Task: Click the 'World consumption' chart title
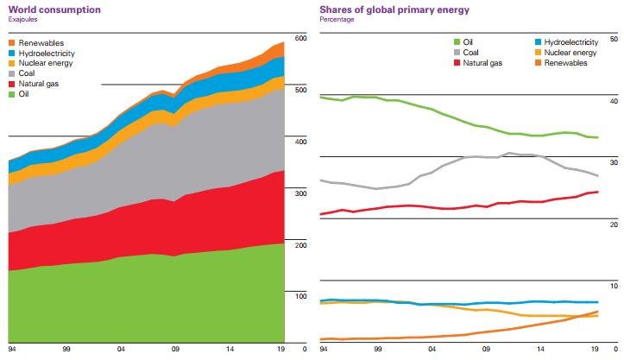click(45, 8)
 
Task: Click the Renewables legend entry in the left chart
click(40, 43)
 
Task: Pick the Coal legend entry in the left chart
click(28, 73)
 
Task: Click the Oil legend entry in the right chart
click(466, 41)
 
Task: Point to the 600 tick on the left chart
click(301, 39)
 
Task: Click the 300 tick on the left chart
click(301, 193)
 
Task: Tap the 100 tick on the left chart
click(301, 296)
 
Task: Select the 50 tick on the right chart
click(614, 39)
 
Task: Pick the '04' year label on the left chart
click(121, 351)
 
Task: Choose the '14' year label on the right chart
click(541, 351)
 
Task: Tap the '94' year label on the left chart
click(12, 351)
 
